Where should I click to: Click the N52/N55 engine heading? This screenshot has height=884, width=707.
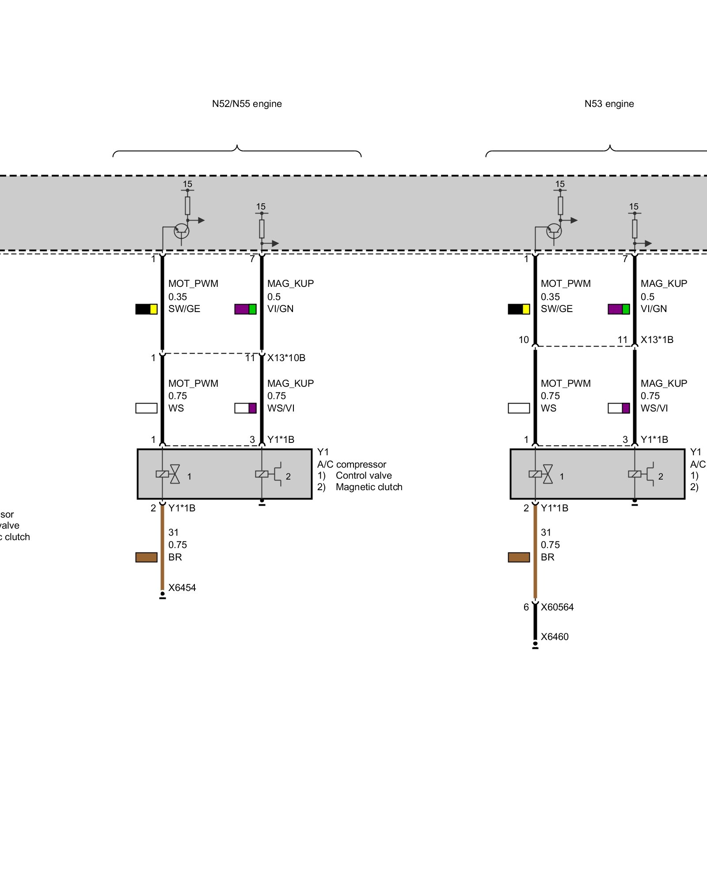(x=247, y=104)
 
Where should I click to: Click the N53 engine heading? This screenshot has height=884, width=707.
(x=609, y=104)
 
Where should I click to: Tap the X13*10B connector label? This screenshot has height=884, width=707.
(x=286, y=358)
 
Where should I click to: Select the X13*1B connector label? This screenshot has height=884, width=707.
(x=657, y=339)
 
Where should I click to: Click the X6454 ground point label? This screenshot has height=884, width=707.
(x=182, y=587)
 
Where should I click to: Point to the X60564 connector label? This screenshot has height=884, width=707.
(x=557, y=607)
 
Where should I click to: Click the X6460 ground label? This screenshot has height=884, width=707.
(x=555, y=636)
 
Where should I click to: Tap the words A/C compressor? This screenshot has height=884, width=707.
(x=352, y=464)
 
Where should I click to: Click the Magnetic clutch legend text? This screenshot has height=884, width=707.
(x=369, y=487)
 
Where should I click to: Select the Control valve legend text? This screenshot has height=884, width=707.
(x=364, y=475)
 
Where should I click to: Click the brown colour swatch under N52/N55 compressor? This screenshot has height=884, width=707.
(x=146, y=557)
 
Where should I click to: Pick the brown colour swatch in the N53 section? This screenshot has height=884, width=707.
(x=519, y=557)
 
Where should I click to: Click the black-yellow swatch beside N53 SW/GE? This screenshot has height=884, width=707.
(x=519, y=309)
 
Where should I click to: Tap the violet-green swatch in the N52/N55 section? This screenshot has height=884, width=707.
(x=245, y=309)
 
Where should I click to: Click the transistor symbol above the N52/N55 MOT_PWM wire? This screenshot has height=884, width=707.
(x=181, y=230)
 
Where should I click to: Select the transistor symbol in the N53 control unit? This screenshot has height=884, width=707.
(x=554, y=230)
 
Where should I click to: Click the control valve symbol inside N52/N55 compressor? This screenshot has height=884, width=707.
(x=168, y=474)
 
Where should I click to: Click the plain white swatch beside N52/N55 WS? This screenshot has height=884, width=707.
(x=146, y=408)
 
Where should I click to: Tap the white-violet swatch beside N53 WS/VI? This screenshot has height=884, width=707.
(x=619, y=408)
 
